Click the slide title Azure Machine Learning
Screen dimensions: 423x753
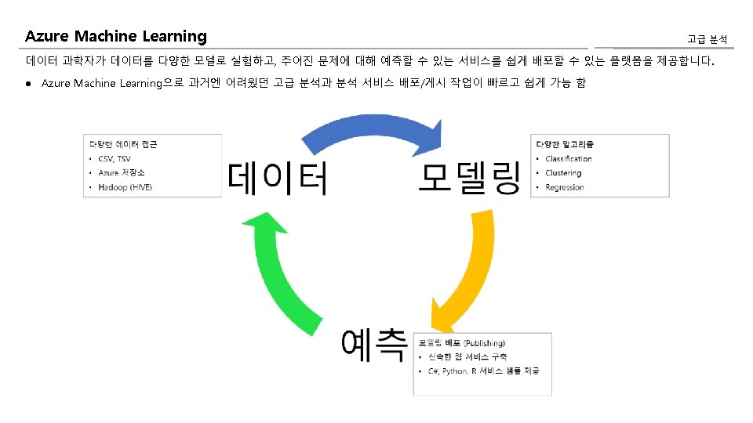[x=116, y=37]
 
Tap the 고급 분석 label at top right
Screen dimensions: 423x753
[x=707, y=39]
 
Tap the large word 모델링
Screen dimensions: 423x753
[x=468, y=178]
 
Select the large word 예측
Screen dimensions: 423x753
[x=374, y=345]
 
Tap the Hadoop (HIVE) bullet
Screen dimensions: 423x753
[x=125, y=187]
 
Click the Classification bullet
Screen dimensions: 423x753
[x=569, y=159]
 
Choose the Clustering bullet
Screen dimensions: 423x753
[x=563, y=173]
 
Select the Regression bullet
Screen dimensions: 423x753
[x=565, y=187]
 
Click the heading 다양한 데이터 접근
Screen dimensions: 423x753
[x=123, y=144]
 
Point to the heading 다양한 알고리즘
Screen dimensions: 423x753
[x=565, y=144]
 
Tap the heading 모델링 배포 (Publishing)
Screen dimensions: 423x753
[x=462, y=343]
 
